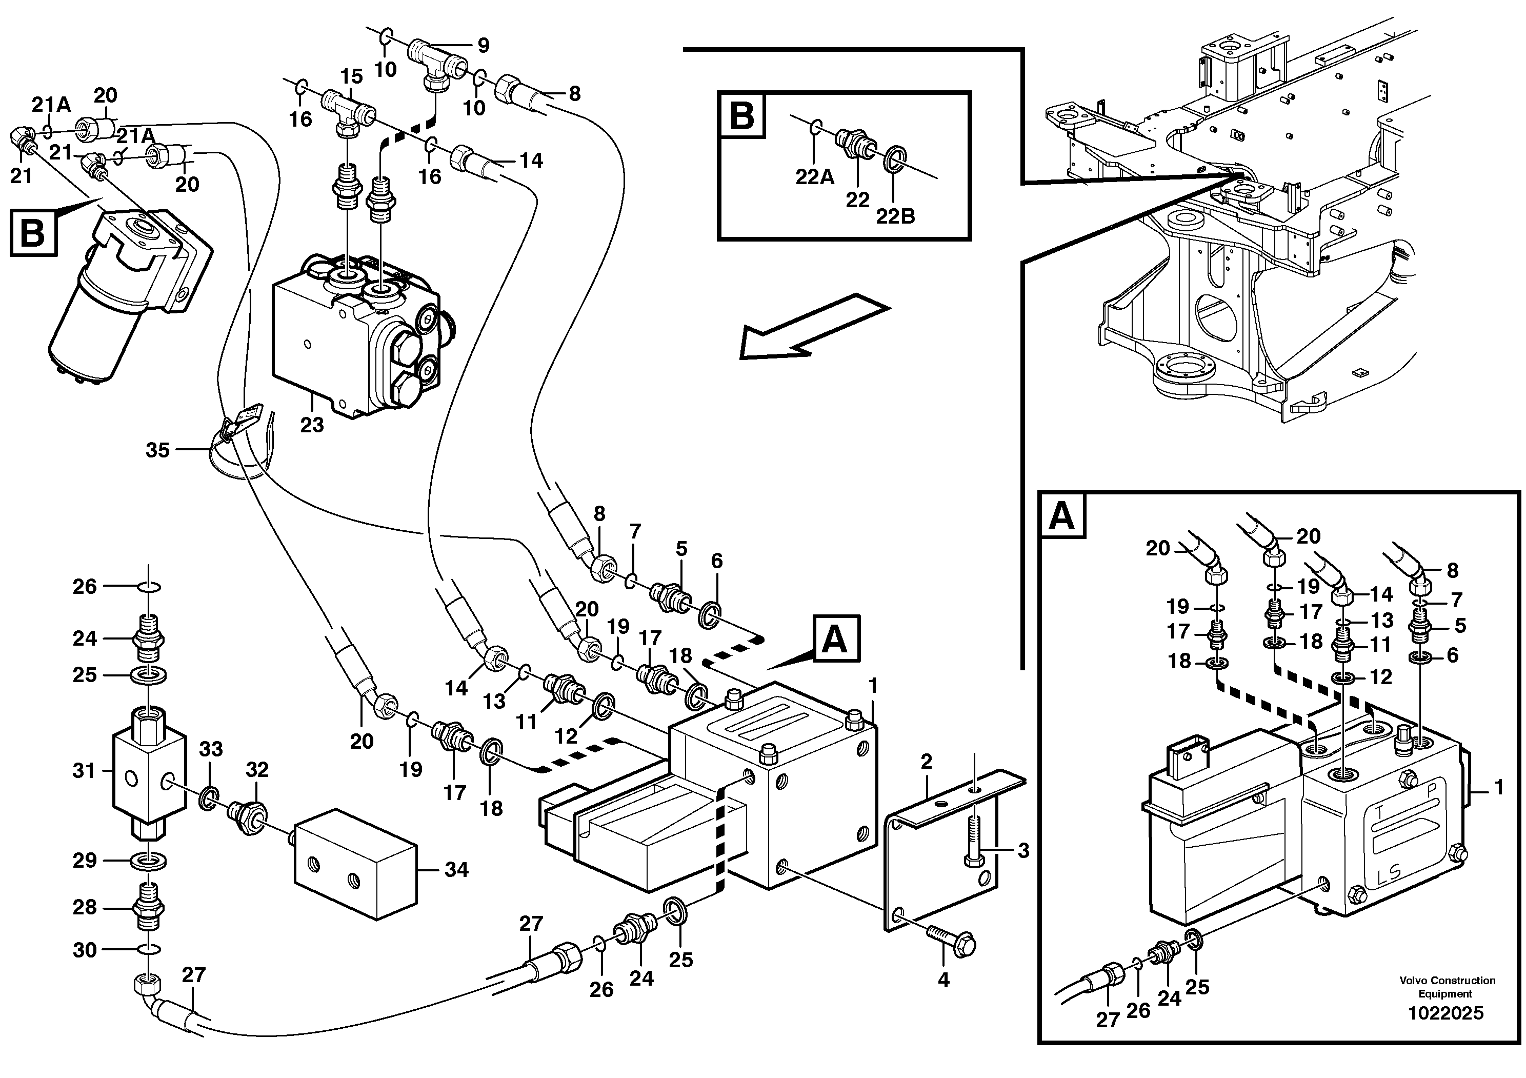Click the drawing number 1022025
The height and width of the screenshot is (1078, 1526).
(x=1445, y=1013)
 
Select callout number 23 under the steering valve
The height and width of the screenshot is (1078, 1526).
(x=312, y=424)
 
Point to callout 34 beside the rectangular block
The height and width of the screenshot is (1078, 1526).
(x=456, y=869)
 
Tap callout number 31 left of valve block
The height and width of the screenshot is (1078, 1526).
(x=84, y=771)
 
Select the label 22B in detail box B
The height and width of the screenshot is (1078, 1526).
(x=895, y=216)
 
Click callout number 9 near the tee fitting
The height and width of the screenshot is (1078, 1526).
(x=483, y=45)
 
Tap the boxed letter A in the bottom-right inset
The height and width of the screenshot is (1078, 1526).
(x=1061, y=516)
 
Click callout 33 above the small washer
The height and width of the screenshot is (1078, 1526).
(x=211, y=749)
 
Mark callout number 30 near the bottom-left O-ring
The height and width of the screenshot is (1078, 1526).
(x=85, y=950)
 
